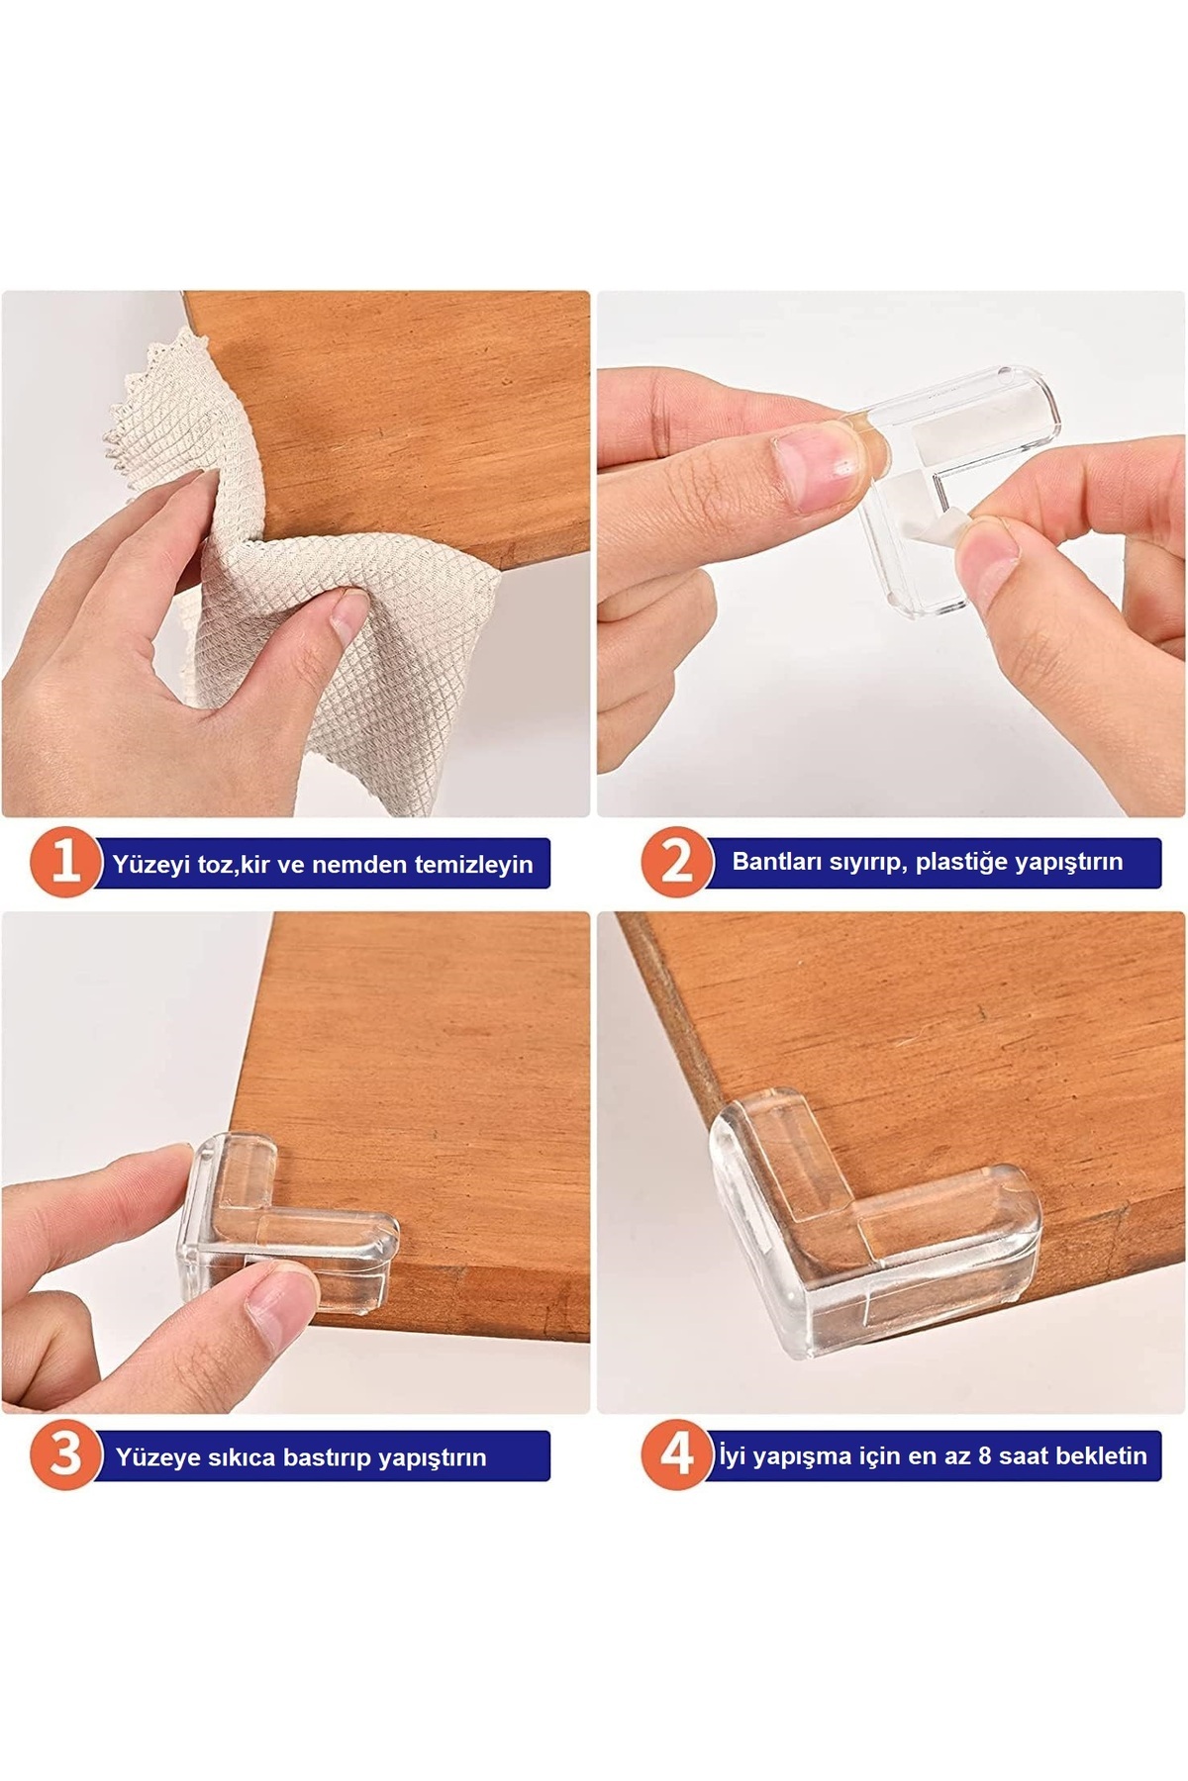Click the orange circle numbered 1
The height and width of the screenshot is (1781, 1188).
(x=66, y=864)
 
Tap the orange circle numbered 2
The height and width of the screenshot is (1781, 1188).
(x=678, y=863)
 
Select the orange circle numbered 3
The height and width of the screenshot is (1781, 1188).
(x=66, y=1455)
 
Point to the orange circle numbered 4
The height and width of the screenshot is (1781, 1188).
(x=678, y=1454)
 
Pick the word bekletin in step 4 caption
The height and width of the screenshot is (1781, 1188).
(x=1100, y=1455)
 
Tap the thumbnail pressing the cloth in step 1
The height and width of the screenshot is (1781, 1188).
(x=348, y=609)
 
